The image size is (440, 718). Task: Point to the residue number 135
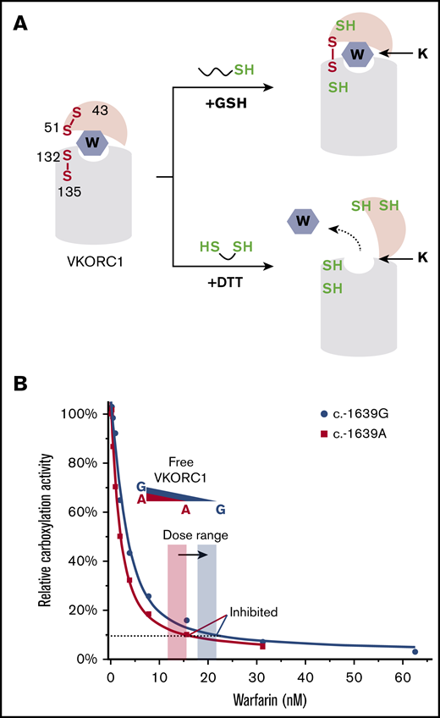click(69, 192)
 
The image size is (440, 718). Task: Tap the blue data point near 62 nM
click(415, 651)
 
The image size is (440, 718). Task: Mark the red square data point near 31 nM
click(263, 647)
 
